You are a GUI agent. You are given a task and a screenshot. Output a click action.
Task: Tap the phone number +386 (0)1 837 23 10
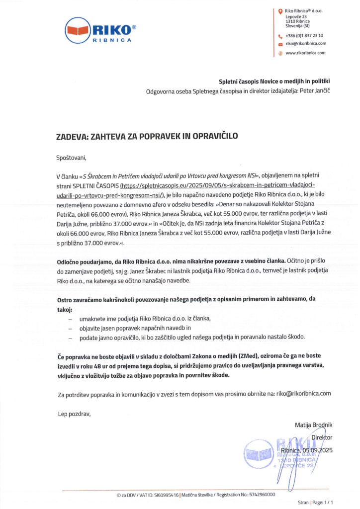[304, 35]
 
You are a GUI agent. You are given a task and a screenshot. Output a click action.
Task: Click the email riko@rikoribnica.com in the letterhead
[305, 43]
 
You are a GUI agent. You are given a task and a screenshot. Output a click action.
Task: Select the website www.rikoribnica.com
[305, 53]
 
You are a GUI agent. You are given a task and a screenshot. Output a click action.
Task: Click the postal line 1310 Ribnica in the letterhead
[298, 21]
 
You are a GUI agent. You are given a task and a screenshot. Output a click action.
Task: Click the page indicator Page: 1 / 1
[323, 503]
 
